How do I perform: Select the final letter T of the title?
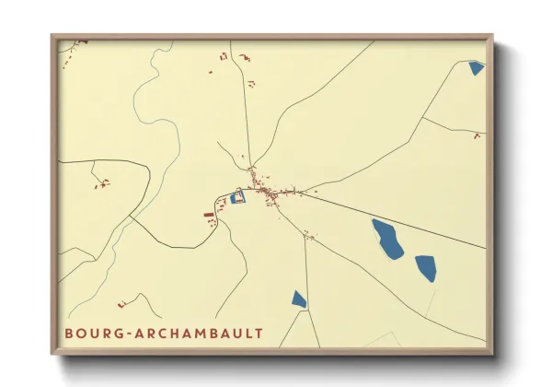point(259,333)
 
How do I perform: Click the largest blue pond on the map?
point(387,238)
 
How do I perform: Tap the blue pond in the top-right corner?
point(476,67)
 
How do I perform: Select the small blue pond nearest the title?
point(298,299)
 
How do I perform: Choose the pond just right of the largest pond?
point(425,268)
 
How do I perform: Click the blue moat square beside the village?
point(238,197)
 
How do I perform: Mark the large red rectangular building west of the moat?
point(209,215)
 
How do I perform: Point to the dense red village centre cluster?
point(267,193)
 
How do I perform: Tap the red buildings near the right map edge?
point(477,136)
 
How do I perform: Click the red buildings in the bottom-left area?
point(121,303)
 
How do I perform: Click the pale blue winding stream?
point(138,111)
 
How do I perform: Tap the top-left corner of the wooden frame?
point(52,36)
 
